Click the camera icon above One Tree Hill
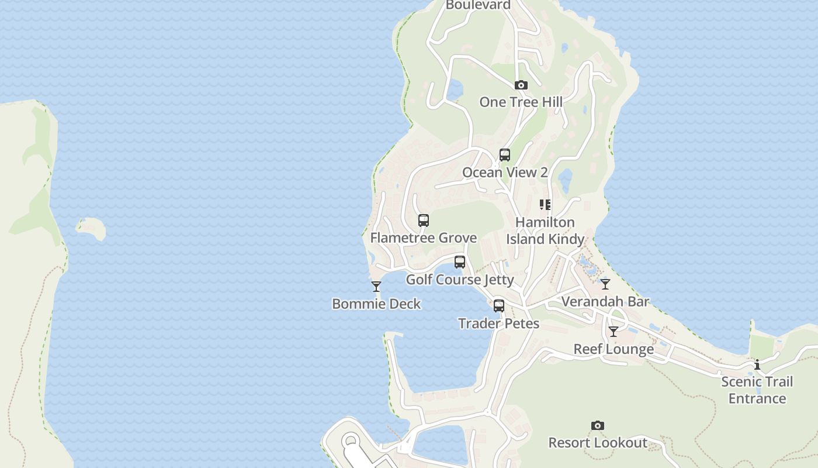pos(521,85)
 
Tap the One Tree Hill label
pos(521,102)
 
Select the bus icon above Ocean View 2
pos(505,155)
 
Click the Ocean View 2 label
pos(505,172)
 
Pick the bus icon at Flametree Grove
pos(424,221)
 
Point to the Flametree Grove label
pos(424,238)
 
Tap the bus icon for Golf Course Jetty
pos(460,262)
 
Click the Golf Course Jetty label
pos(460,279)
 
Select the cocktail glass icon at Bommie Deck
pos(376,287)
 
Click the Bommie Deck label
pos(376,304)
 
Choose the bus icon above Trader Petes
pos(499,306)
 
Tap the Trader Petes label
pos(499,323)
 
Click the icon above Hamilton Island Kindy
pos(545,205)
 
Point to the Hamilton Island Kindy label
pos(545,230)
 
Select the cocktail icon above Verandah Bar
pos(605,284)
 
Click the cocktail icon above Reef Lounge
pos(613,332)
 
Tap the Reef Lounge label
pos(613,349)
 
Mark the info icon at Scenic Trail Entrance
pos(757,365)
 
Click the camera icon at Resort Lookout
pos(598,425)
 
